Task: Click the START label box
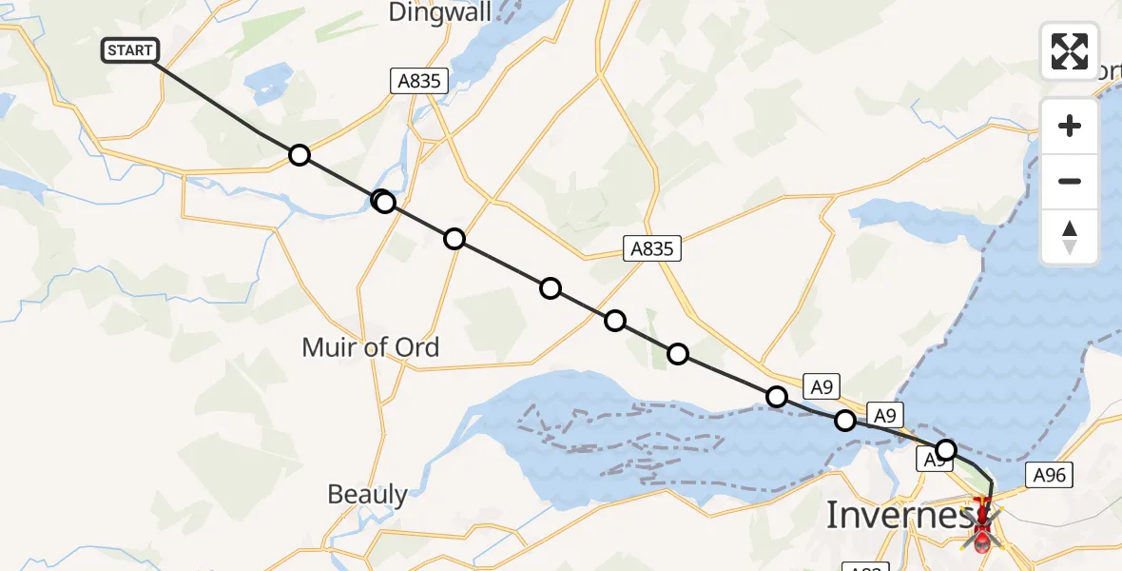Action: [x=130, y=50]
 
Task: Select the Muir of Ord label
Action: [x=370, y=347]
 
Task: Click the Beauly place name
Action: [x=367, y=495]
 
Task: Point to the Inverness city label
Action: [x=900, y=515]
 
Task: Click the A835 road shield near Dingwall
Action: [x=418, y=82]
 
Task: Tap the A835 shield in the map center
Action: [x=651, y=249]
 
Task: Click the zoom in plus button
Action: [x=1070, y=126]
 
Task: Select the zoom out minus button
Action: [x=1070, y=181]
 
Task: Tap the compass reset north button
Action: [x=1070, y=237]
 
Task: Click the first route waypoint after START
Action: [x=300, y=155]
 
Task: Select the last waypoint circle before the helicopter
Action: [x=945, y=449]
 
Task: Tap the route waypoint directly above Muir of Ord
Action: [x=383, y=202]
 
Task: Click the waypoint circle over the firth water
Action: [x=845, y=420]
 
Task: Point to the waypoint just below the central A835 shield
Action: [x=615, y=320]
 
